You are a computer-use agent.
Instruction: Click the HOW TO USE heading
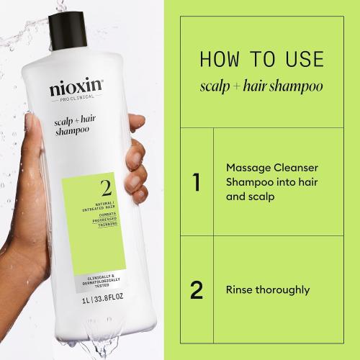pos(261,59)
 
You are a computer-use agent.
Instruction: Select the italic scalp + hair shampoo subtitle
pos(261,86)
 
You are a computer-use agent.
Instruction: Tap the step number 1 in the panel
pos(196,182)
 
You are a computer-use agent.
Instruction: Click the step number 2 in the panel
pos(196,291)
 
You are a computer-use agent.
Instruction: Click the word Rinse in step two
pos(240,290)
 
